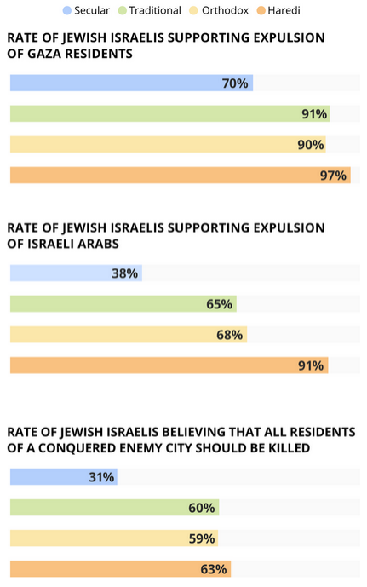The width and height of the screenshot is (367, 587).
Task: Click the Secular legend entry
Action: (x=86, y=10)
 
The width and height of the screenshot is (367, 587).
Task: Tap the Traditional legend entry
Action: (x=150, y=10)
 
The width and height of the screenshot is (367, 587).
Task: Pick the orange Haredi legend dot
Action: (x=261, y=10)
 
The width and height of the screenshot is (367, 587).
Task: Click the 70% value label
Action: (x=235, y=83)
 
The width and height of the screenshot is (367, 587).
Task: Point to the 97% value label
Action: (x=333, y=176)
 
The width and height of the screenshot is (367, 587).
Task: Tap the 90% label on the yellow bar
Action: (x=311, y=145)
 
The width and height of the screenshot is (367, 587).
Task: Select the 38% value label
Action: (x=124, y=273)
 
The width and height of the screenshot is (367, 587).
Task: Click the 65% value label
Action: (x=219, y=304)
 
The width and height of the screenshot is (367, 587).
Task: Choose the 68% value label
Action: (x=229, y=335)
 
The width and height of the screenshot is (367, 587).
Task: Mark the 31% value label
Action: (x=101, y=477)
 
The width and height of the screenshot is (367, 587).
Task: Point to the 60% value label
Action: (x=202, y=508)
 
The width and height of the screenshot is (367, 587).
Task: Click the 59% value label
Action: (x=202, y=538)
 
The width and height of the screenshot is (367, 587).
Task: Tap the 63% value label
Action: (x=214, y=569)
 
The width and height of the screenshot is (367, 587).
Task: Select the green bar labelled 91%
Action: (x=169, y=114)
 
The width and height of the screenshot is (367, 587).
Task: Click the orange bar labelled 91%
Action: (x=169, y=365)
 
